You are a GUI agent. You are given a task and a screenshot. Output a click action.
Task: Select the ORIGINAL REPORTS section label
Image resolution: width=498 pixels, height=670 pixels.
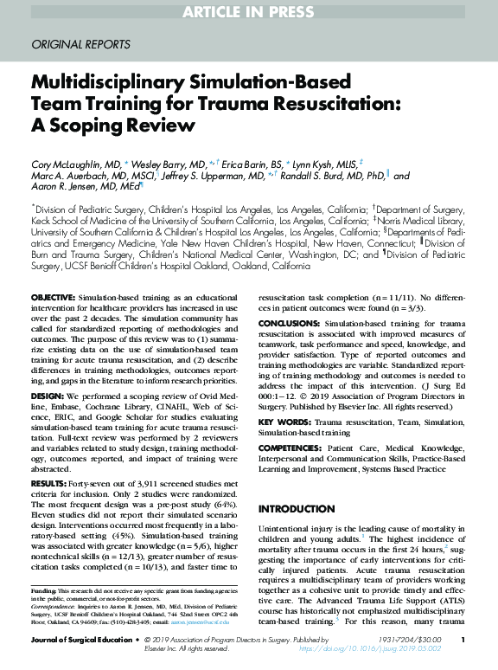coord(80,43)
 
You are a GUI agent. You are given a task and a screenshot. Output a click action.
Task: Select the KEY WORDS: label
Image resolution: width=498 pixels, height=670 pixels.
coord(286,421)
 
